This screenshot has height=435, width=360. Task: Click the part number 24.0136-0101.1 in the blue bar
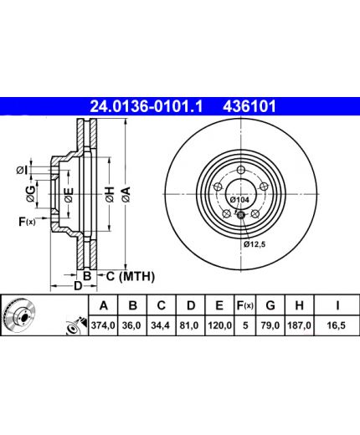click(147, 106)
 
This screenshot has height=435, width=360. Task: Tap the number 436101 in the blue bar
click(249, 106)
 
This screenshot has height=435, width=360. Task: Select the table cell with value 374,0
click(103, 325)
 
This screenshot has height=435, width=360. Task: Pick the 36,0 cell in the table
click(132, 325)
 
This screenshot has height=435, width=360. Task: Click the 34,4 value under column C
click(162, 325)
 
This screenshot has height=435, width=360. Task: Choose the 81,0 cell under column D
click(190, 325)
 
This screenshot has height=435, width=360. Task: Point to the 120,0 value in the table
click(219, 325)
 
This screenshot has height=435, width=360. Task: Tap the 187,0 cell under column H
click(300, 325)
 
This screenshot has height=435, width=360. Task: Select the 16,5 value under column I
click(337, 325)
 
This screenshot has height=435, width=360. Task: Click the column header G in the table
click(270, 305)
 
